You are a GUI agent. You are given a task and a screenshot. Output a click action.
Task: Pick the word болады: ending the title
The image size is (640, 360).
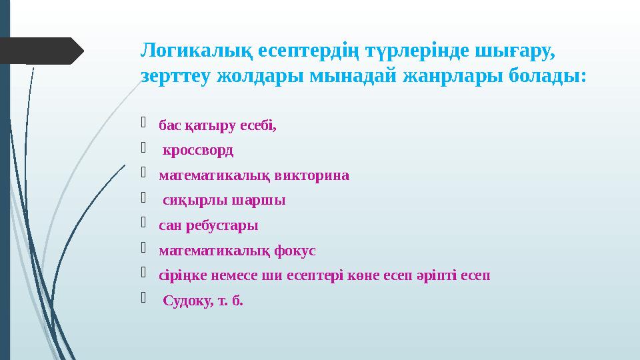point(547,76)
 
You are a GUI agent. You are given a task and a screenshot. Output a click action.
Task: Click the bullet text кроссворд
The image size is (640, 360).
point(199,150)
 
